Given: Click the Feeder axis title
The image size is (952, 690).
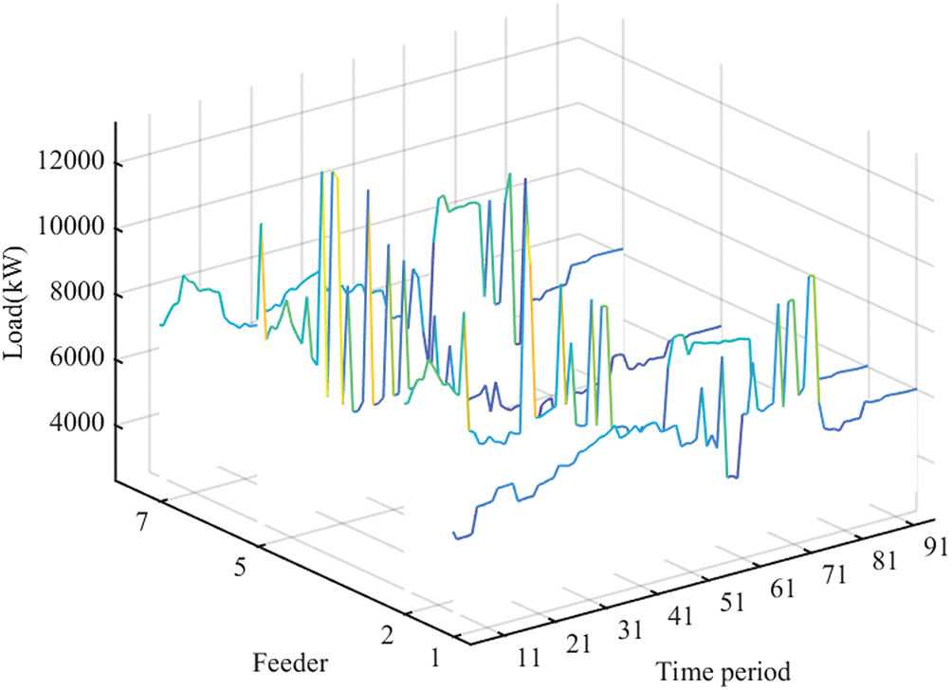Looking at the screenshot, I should point(289,662).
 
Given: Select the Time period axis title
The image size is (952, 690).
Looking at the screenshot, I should point(722,671).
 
